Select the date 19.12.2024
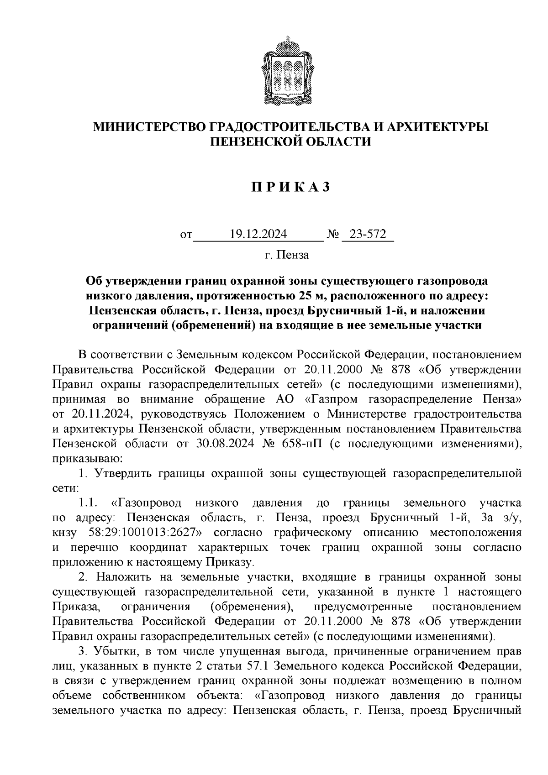pos(258,235)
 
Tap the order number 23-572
pos(368,235)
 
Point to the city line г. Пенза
pos(287,255)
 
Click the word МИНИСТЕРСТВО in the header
pos(149,126)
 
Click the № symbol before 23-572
pos(333,235)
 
